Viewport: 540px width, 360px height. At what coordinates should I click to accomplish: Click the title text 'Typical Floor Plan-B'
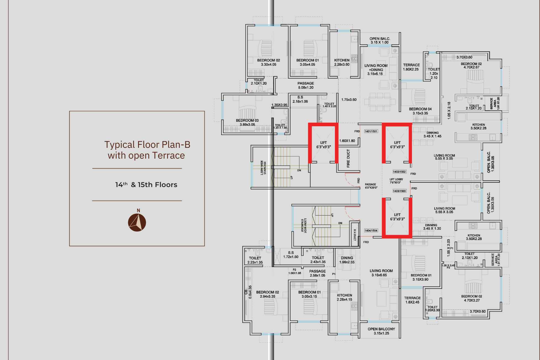pyautogui.click(x=147, y=144)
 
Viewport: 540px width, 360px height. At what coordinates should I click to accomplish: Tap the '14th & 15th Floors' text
pyautogui.click(x=146, y=185)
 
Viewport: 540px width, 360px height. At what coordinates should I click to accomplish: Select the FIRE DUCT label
pyautogui.click(x=348, y=159)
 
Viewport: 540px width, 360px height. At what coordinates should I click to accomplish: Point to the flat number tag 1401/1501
pyautogui.click(x=371, y=132)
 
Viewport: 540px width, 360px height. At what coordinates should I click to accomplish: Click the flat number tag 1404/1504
pyautogui.click(x=371, y=230)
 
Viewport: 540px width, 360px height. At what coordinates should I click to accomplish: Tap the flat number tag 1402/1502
pyautogui.click(x=399, y=172)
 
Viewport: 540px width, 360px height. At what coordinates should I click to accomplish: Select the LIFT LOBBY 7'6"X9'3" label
pyautogui.click(x=396, y=181)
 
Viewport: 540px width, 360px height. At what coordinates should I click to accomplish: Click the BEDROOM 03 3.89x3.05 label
pyautogui.click(x=247, y=122)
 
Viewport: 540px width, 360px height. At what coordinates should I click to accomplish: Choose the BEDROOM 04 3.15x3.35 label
pyautogui.click(x=420, y=111)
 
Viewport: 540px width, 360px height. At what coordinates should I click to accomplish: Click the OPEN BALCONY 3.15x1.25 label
pyautogui.click(x=381, y=331)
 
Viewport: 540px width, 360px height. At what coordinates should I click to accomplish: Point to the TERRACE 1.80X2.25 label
pyautogui.click(x=411, y=67)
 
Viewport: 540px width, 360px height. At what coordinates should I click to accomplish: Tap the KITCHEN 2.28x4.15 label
pyautogui.click(x=344, y=297)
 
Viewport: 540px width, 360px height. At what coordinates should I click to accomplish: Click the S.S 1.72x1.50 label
pyautogui.click(x=291, y=255)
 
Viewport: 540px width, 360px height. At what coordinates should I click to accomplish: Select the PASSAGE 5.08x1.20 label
pyautogui.click(x=306, y=85)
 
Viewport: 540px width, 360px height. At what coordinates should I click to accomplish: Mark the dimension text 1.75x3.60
pyautogui.click(x=349, y=100)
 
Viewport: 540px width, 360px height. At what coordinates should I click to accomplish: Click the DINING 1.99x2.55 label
pyautogui.click(x=347, y=260)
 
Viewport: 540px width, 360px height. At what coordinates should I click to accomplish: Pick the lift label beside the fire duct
pyautogui.click(x=323, y=145)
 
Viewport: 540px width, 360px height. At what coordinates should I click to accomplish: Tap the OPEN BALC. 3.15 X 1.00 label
pyautogui.click(x=380, y=40)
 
